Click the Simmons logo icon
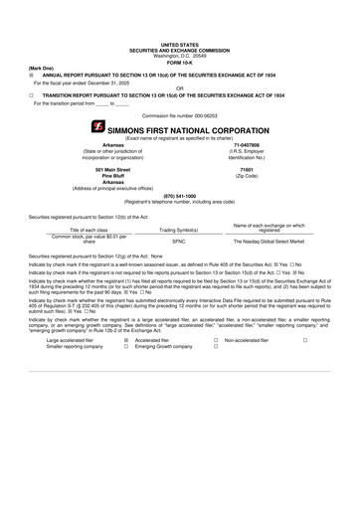point(97,127)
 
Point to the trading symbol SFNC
point(179,241)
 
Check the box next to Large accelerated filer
point(126,339)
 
